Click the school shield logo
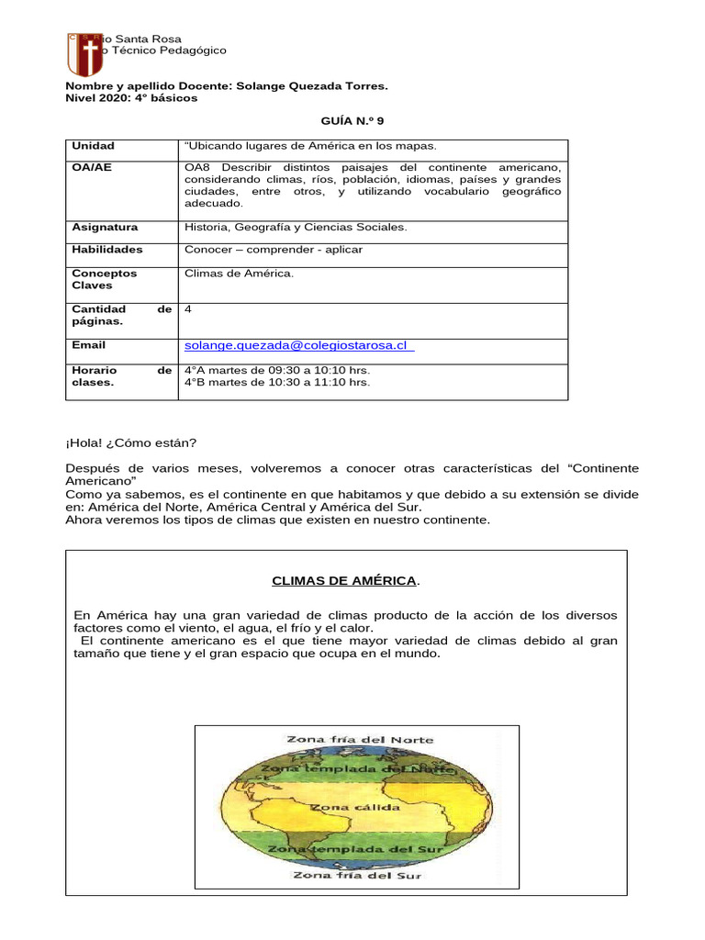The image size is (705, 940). (84, 55)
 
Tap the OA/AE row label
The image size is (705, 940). (92, 168)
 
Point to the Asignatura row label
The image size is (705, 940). (105, 227)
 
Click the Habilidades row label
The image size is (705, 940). (106, 250)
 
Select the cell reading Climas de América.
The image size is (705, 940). (239, 274)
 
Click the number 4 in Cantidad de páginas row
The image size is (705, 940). (188, 310)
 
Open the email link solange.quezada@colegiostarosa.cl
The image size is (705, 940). (296, 345)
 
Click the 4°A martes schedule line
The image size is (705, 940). (277, 370)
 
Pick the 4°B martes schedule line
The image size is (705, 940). (277, 383)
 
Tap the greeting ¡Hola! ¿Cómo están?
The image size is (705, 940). (130, 442)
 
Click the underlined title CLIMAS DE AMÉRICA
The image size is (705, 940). (345, 581)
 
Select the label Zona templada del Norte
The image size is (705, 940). (357, 767)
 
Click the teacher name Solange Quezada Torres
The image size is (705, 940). (312, 85)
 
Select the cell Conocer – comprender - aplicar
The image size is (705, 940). (274, 250)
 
